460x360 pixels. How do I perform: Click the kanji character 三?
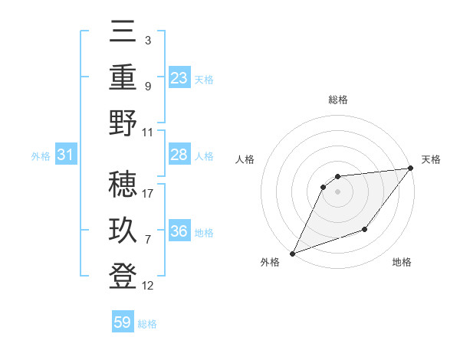pos(123,32)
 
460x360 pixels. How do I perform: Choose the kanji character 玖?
pos(123,231)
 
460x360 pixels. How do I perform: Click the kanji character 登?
pos(123,275)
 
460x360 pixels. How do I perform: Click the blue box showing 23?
pos(179,78)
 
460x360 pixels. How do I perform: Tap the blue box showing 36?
pos(179,231)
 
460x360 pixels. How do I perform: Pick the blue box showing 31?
pos(65,155)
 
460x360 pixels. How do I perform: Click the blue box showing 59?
pos(123,322)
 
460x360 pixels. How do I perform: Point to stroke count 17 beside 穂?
pos(148,194)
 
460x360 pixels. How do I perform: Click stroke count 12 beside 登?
pos(148,286)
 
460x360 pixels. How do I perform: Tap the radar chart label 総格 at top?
pos(337,100)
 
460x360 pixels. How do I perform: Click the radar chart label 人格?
pos(245,159)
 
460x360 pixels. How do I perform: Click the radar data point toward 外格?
pos(292,253)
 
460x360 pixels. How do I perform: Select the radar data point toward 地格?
pos(365,229)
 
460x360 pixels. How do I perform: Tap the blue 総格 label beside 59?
pos(147,324)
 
